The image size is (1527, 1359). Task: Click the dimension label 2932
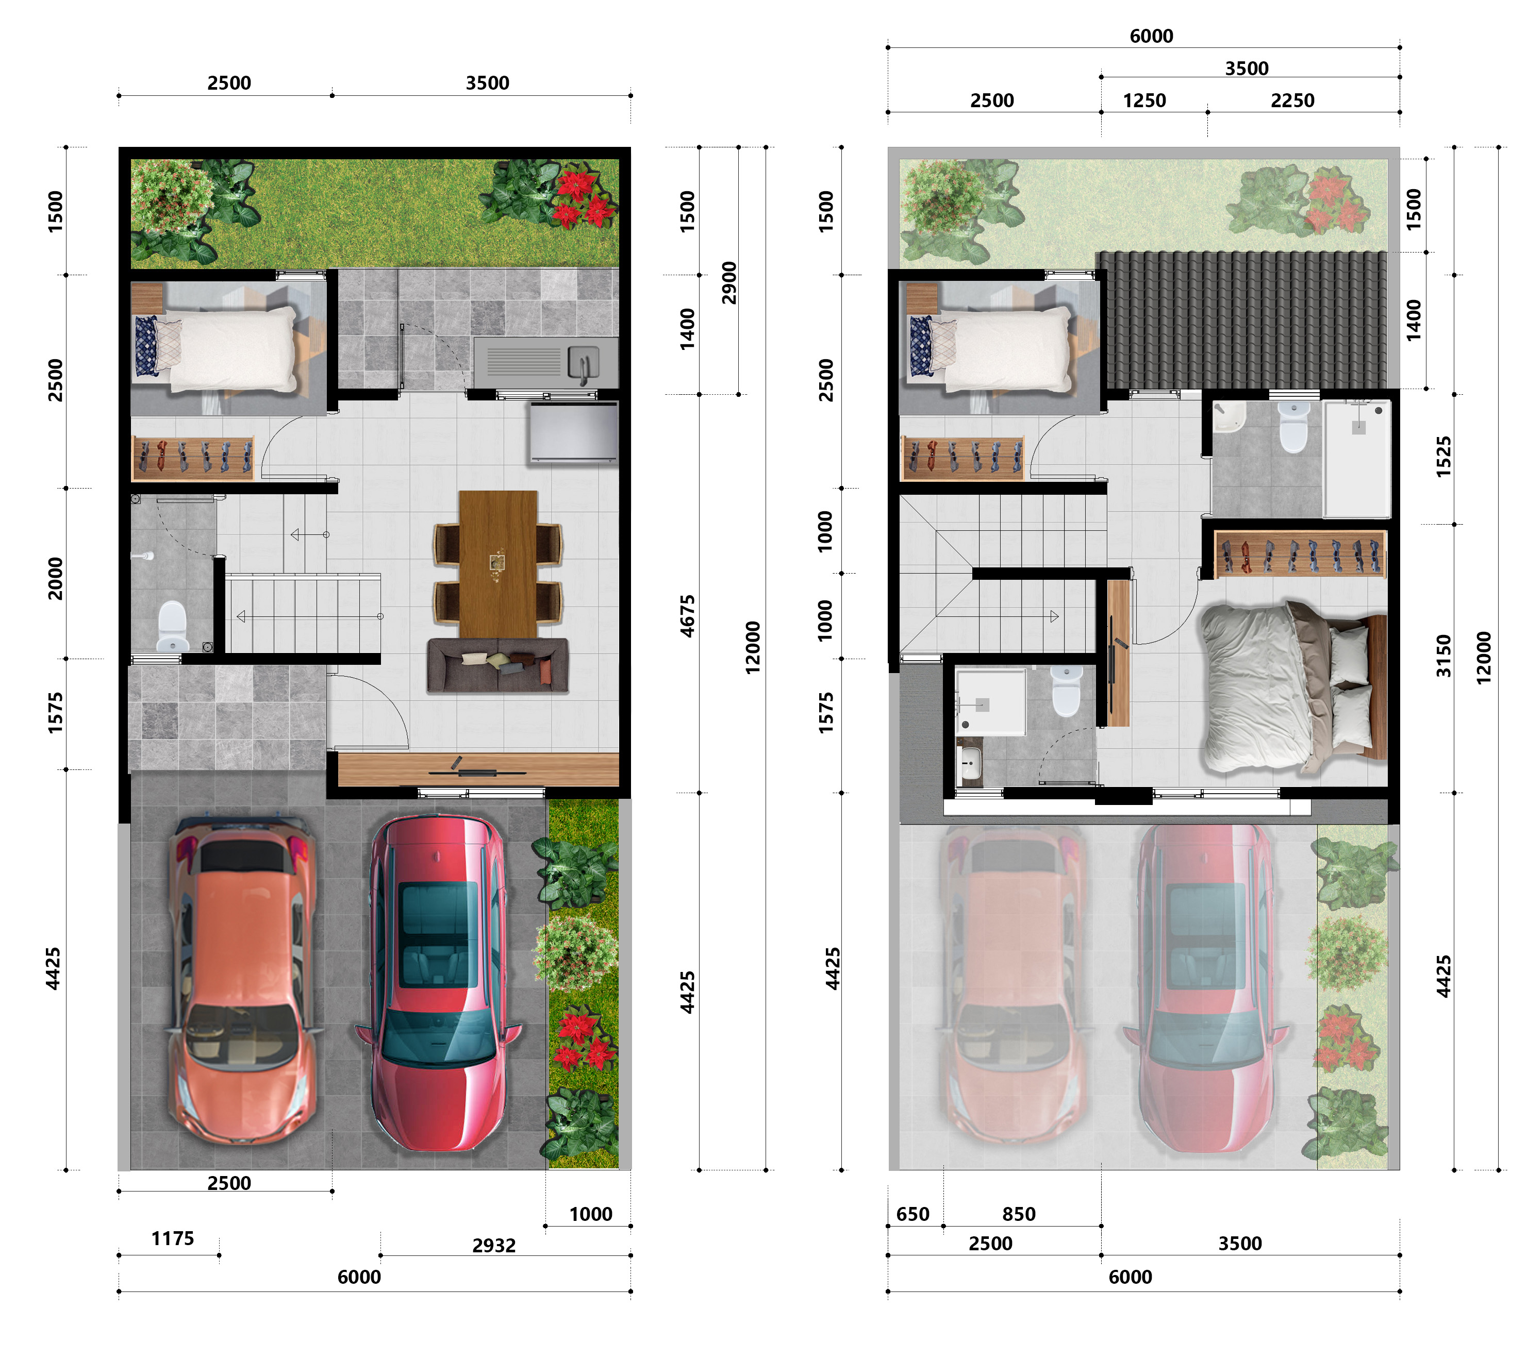click(x=494, y=1245)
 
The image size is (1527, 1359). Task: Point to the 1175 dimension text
click(x=173, y=1238)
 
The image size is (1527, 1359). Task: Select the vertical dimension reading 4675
click(x=687, y=616)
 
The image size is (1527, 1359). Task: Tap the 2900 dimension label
click(x=729, y=283)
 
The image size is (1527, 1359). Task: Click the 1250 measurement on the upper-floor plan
click(x=1144, y=100)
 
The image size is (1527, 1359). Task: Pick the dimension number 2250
click(x=1292, y=100)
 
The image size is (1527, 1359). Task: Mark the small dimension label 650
click(x=913, y=1213)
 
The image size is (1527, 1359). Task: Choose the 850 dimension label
click(x=1019, y=1213)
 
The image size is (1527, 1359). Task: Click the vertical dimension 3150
click(x=1444, y=656)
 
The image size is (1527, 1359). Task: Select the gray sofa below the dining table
click(x=497, y=665)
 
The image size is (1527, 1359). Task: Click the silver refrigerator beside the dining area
click(x=574, y=432)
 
